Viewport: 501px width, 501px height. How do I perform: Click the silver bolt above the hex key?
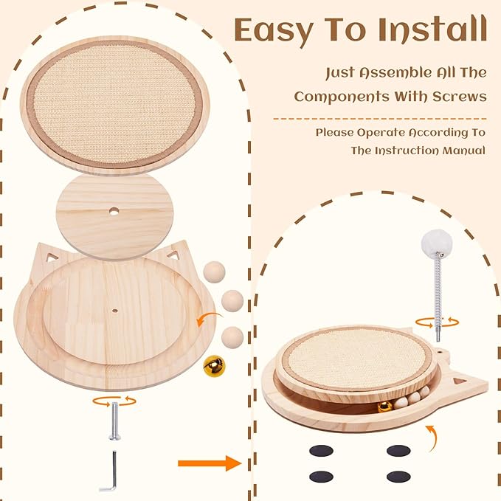click(114, 421)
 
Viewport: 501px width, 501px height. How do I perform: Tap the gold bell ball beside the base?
click(214, 364)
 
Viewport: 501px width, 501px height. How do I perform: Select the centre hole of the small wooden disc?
click(114, 212)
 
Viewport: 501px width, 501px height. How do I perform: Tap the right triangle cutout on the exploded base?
click(175, 255)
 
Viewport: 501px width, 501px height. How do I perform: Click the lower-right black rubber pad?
click(398, 477)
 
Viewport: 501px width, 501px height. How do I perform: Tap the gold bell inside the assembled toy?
click(384, 406)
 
